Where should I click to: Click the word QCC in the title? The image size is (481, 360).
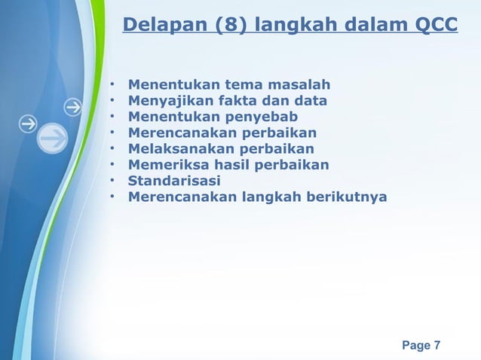436,26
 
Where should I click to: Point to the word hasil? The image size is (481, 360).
225,165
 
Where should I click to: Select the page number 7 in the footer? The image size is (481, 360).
437,346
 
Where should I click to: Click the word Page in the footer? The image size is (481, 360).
416,346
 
